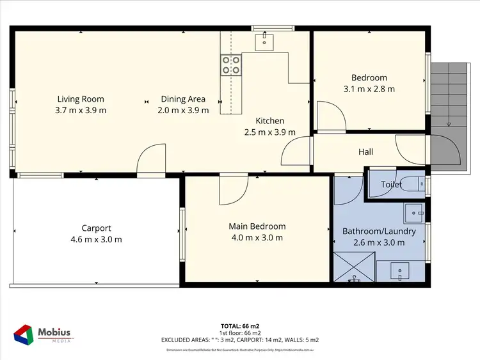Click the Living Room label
tap(81, 99)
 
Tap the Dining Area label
tap(183, 99)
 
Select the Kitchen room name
tap(269, 121)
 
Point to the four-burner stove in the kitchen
tap(231, 64)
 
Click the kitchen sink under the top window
tap(264, 42)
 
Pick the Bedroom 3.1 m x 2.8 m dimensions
tap(369, 89)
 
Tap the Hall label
tap(365, 152)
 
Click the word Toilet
tap(391, 184)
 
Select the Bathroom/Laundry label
tap(379, 231)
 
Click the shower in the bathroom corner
tap(354, 267)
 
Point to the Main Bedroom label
tap(257, 226)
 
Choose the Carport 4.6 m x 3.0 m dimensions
tap(96, 239)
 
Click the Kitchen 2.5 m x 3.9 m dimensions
tap(269, 132)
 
